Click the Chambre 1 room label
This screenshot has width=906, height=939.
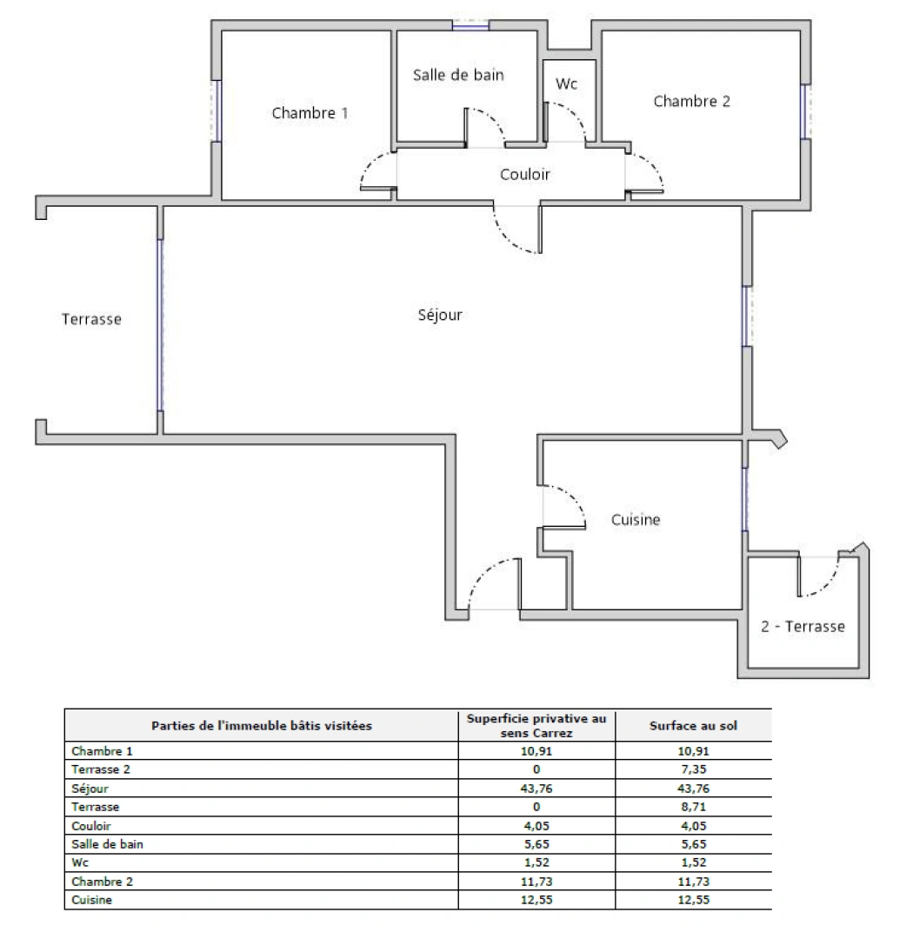(x=310, y=113)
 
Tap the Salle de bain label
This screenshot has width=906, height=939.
(x=458, y=76)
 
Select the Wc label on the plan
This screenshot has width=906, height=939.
(x=567, y=84)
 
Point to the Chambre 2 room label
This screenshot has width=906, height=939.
(x=691, y=102)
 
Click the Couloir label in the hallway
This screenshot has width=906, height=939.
(x=524, y=175)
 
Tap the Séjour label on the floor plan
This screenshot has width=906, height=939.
(x=440, y=315)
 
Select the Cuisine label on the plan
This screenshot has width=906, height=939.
(x=635, y=520)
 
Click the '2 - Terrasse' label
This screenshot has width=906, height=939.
(x=802, y=626)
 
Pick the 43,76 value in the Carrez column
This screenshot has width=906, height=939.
(x=536, y=789)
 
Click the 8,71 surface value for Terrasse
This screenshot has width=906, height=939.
(x=692, y=807)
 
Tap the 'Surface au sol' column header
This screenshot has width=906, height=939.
(x=692, y=725)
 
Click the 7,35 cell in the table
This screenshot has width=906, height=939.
(x=692, y=769)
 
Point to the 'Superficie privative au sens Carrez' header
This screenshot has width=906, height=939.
(x=536, y=725)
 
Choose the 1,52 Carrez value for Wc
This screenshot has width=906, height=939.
(x=536, y=862)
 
